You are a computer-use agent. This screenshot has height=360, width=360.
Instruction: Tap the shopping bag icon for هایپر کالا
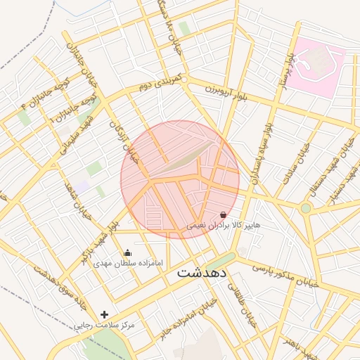(224, 214)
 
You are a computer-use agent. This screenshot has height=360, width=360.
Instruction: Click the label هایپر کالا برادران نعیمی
(223, 226)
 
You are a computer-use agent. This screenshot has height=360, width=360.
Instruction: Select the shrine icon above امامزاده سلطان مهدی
(127, 253)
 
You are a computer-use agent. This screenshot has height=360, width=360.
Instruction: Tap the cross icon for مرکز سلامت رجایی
(105, 314)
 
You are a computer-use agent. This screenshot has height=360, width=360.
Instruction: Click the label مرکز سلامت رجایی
(105, 326)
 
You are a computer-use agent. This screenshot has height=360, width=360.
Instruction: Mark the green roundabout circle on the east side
(305, 208)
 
